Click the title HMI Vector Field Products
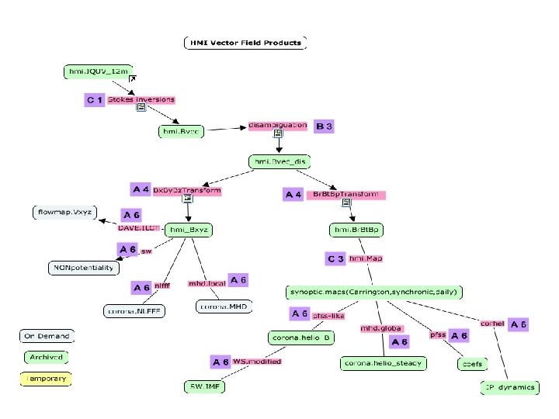point(245,43)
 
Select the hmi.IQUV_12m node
point(97,72)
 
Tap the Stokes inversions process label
point(141,100)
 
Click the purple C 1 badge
point(95,101)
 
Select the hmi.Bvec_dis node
point(279,161)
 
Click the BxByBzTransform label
point(186,190)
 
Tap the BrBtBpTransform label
point(345,194)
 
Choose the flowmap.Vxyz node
point(64,211)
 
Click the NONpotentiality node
point(83,268)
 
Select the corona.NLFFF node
point(132,311)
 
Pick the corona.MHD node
point(222,306)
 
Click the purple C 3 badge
point(335,258)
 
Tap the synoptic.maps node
point(376,292)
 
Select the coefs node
point(472,363)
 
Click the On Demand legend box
point(45,336)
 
